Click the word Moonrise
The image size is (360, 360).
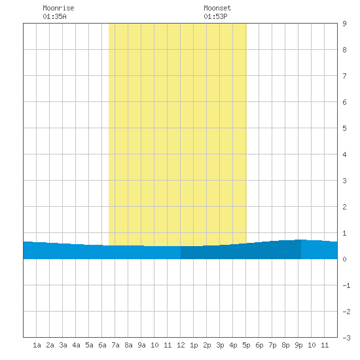[x=58, y=8]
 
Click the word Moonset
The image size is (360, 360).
[x=217, y=8]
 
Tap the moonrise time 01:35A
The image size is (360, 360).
[x=54, y=16]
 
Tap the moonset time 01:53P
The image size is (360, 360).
[x=215, y=16]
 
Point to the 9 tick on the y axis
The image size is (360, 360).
[x=344, y=24]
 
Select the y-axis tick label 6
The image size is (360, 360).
[x=344, y=102]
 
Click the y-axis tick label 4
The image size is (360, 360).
[x=344, y=154]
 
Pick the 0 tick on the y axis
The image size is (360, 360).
[x=344, y=259]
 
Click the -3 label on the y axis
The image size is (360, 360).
[x=346, y=338]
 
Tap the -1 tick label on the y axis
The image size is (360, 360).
[x=346, y=285]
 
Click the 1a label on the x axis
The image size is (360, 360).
[x=37, y=345]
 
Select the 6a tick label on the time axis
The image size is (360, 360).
[x=102, y=345]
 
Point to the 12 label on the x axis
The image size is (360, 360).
[x=181, y=345]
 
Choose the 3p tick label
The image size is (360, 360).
[x=220, y=345]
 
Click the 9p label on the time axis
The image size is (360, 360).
[x=298, y=345]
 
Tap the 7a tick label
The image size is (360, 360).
[x=115, y=345]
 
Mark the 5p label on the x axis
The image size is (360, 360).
[x=246, y=345]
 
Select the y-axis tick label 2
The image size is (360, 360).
[x=344, y=207]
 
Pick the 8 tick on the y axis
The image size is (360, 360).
[x=344, y=50]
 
